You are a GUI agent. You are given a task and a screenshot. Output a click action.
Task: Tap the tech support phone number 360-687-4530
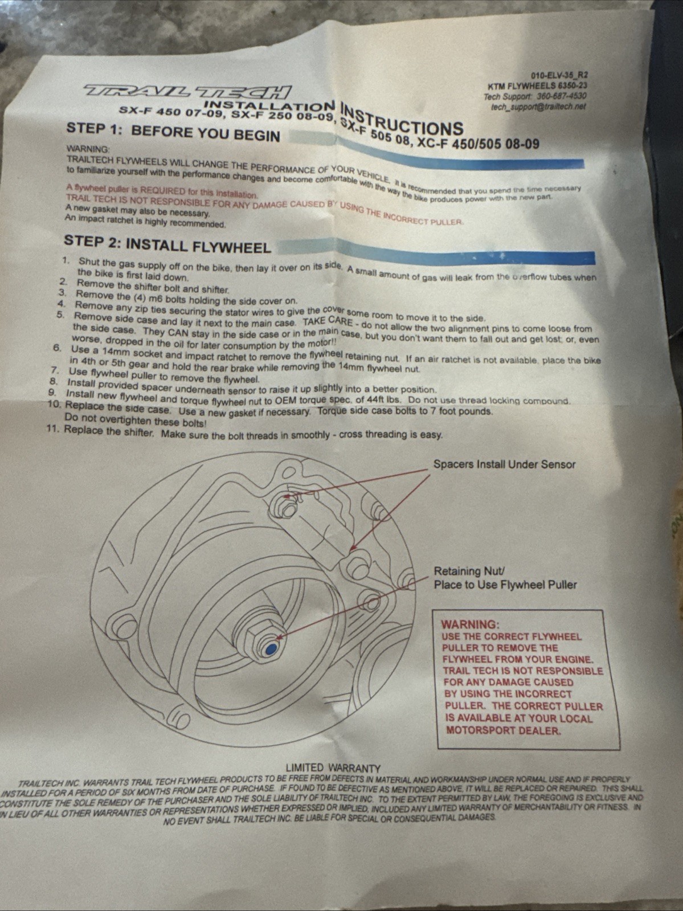[562, 96]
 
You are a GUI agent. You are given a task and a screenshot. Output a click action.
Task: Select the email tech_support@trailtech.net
[538, 107]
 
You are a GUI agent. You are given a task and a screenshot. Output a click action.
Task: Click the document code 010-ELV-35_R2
[559, 75]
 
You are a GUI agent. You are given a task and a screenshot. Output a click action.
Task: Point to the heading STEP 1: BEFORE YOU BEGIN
[173, 132]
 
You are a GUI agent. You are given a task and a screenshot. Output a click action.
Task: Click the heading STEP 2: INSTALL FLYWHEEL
[167, 245]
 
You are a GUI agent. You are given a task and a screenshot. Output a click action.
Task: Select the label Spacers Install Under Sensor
[504, 464]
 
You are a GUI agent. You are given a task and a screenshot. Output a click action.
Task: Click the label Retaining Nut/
[469, 571]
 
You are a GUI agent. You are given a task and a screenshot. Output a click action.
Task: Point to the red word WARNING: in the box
[471, 624]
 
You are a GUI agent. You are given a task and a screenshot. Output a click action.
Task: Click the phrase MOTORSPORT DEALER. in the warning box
[504, 730]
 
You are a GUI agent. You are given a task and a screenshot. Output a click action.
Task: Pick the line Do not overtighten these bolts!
[136, 421]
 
